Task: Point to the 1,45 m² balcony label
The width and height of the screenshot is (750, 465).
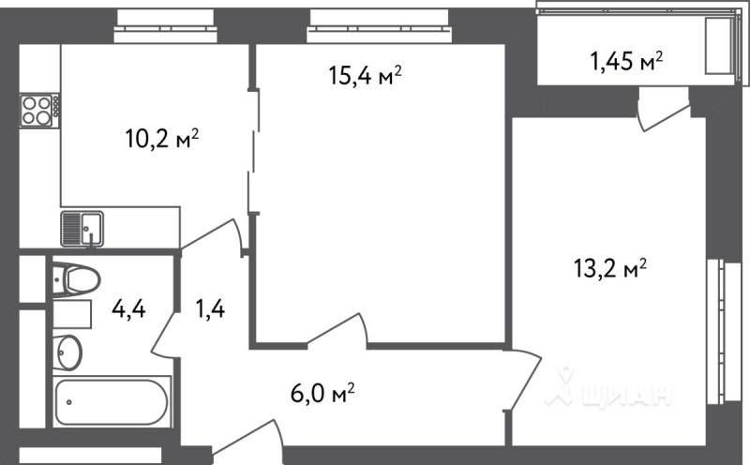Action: pyautogui.click(x=626, y=62)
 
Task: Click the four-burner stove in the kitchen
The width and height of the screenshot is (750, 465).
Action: pyautogui.click(x=38, y=111)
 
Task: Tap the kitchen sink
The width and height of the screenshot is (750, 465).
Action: pyautogui.click(x=82, y=227)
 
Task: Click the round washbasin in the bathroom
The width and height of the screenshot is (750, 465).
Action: pyautogui.click(x=67, y=352)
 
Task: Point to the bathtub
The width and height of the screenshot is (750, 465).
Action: pyautogui.click(x=112, y=402)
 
